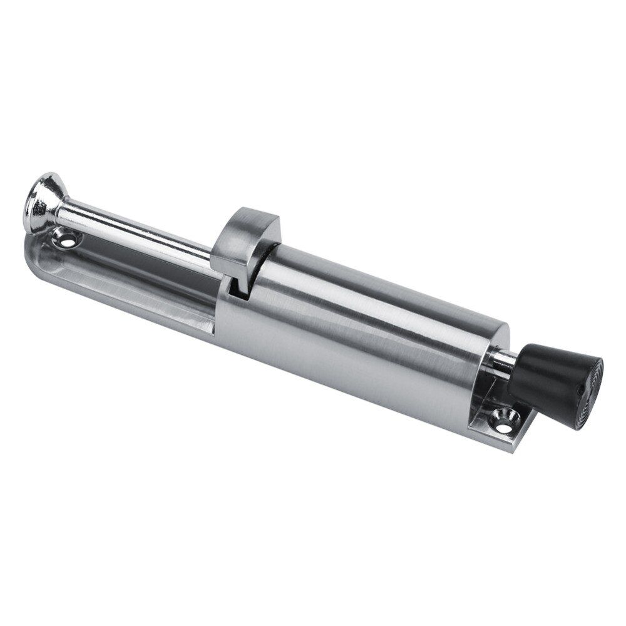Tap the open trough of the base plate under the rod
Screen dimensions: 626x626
[x=125, y=275]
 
